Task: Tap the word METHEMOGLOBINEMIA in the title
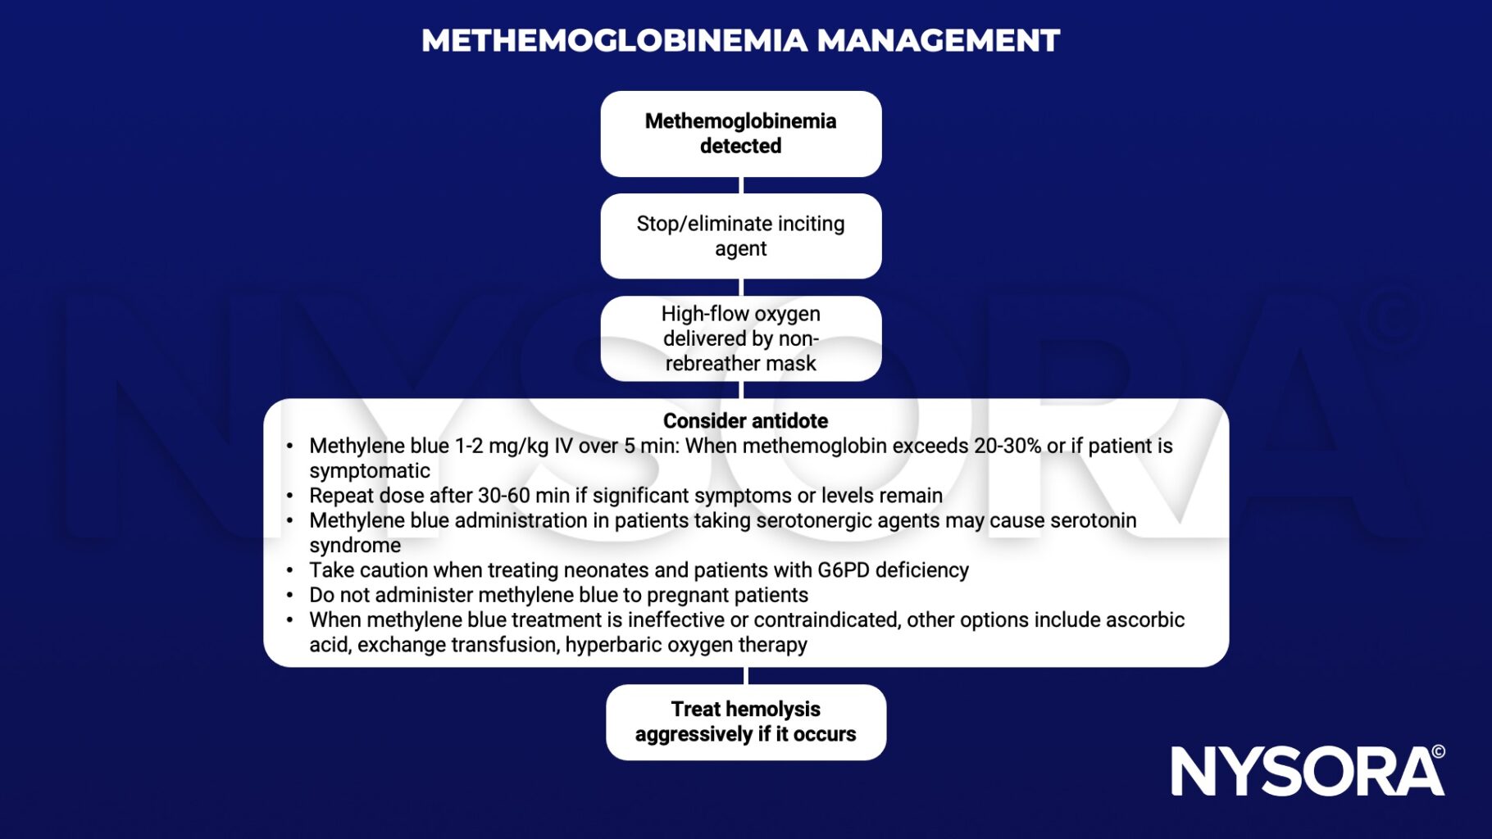[615, 41]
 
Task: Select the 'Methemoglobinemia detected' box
[740, 134]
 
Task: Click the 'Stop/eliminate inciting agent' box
[740, 236]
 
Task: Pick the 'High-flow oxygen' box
[740, 338]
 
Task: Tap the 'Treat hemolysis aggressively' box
[745, 722]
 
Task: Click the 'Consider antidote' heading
[745, 421]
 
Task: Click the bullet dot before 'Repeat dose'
[289, 496]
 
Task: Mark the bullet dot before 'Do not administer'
[289, 596]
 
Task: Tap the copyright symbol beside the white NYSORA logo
[1438, 751]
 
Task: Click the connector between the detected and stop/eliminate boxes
[741, 185]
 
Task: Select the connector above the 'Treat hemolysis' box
[746, 675]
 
